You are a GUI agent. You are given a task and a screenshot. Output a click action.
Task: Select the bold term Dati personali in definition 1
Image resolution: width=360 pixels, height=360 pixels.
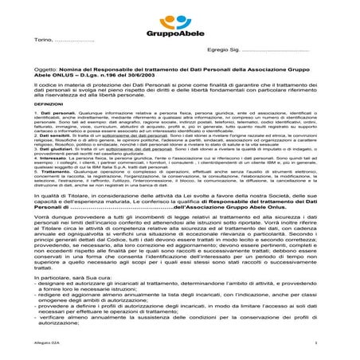59,136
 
